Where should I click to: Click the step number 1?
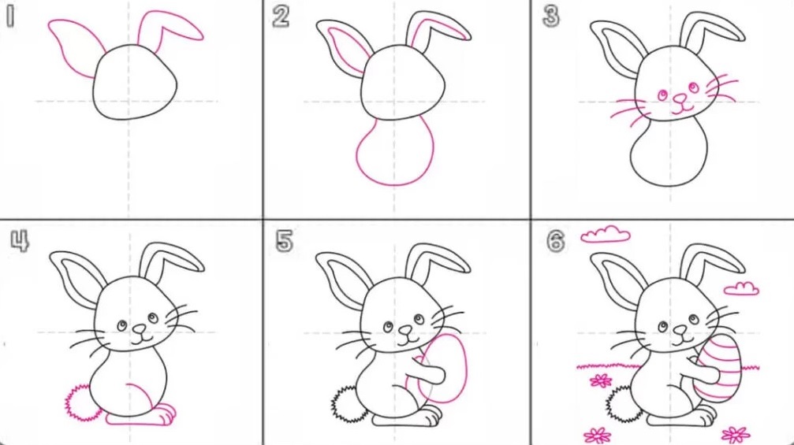[10, 17]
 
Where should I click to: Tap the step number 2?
[281, 17]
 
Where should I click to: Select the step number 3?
[550, 17]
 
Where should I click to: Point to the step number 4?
[20, 241]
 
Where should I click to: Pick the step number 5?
[284, 241]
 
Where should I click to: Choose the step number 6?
[556, 241]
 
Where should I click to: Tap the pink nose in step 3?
[680, 98]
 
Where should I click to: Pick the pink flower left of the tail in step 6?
[601, 380]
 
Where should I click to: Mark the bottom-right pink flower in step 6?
[736, 434]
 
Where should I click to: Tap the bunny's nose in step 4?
[139, 329]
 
